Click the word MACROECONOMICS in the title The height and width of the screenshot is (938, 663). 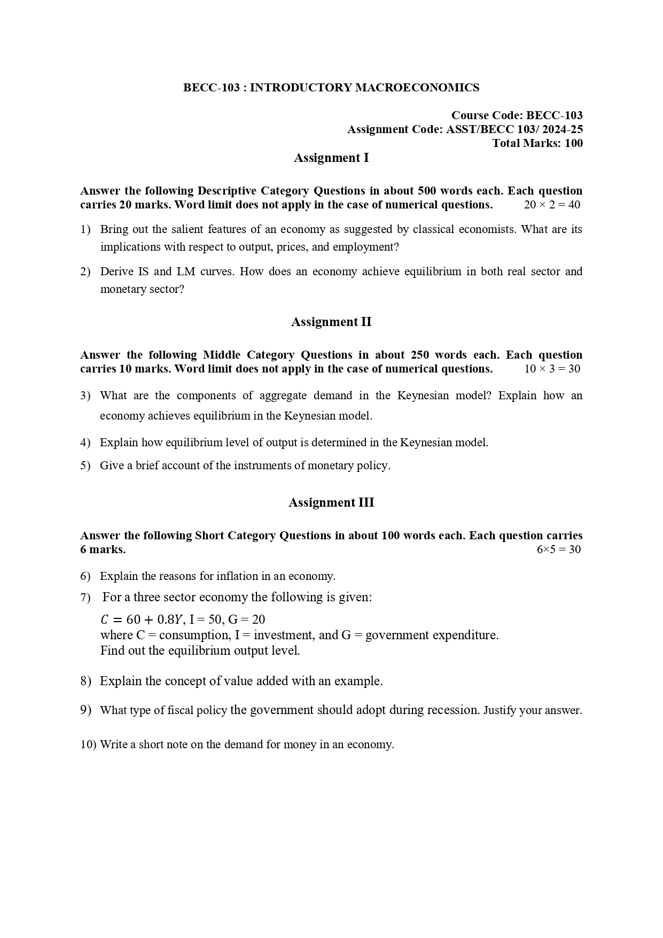point(417,88)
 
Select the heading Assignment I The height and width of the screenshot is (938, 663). point(331,158)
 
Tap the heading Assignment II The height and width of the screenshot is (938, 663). point(331,322)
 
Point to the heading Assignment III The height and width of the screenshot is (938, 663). point(331,502)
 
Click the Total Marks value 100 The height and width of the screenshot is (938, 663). point(573,143)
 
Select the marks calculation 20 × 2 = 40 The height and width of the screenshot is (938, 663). point(552,205)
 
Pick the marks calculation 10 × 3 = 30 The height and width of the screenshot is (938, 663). point(552,369)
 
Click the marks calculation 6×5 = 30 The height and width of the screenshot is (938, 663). point(558,549)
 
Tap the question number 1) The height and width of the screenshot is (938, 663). point(85,229)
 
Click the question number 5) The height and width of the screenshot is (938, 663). point(85,466)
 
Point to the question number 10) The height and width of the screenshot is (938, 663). point(88,745)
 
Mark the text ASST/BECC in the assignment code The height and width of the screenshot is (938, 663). point(476,129)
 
